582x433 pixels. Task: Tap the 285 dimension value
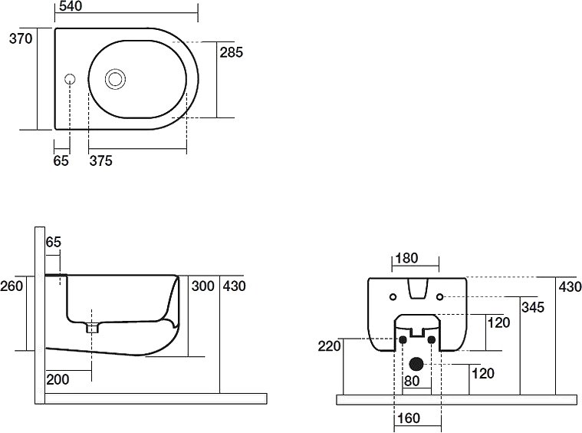pos(232,53)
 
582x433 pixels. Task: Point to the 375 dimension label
pos(101,160)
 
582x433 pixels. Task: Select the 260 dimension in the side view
pos(12,286)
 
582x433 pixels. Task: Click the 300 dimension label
pos(202,286)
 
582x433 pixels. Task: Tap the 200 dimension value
pos(58,379)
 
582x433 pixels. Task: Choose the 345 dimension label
pos(533,307)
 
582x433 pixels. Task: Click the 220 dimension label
pos(329,346)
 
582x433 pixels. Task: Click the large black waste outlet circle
pos(416,364)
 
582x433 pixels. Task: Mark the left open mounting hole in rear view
pos(393,296)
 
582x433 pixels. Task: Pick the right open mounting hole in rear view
pos(439,296)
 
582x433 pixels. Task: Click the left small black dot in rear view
pos(401,339)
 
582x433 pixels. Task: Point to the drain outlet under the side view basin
pos(93,327)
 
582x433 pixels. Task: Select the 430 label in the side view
pos(234,286)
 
